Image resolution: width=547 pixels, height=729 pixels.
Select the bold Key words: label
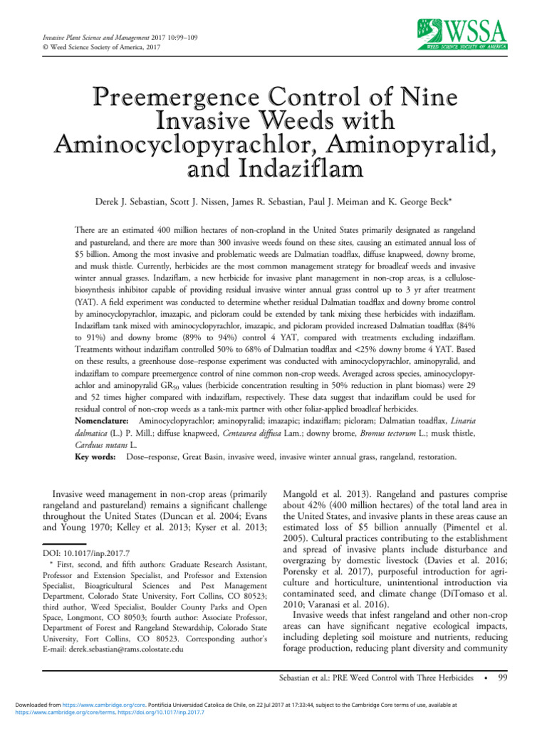[96, 456]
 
